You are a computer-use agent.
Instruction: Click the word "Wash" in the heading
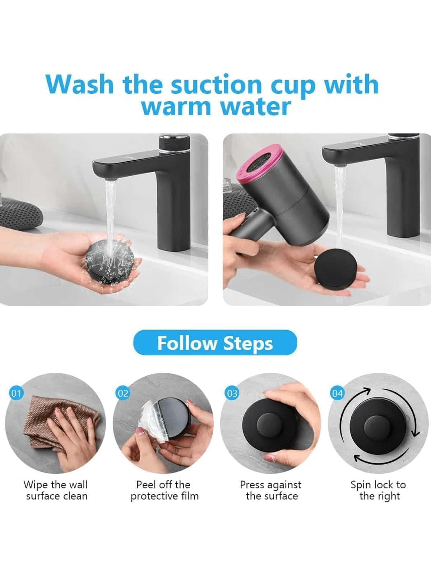80,84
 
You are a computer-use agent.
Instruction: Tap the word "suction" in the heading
216,84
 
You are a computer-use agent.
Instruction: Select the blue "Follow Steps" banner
215,343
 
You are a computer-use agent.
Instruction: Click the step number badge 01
16,393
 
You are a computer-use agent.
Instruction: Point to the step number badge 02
123,393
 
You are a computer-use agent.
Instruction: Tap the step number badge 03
232,393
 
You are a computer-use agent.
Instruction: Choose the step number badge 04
337,393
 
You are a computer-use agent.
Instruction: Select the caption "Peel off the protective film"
164,491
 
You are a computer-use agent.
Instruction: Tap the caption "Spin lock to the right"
379,491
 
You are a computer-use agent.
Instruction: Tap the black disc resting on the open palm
336,269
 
